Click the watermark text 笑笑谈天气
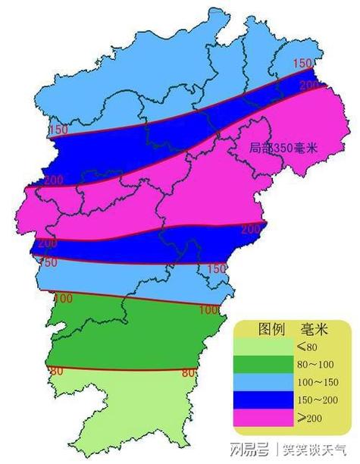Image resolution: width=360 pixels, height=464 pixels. click(314, 447)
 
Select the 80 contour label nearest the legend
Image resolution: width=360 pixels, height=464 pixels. click(189, 372)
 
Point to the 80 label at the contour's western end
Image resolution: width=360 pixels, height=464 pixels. click(55, 371)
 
